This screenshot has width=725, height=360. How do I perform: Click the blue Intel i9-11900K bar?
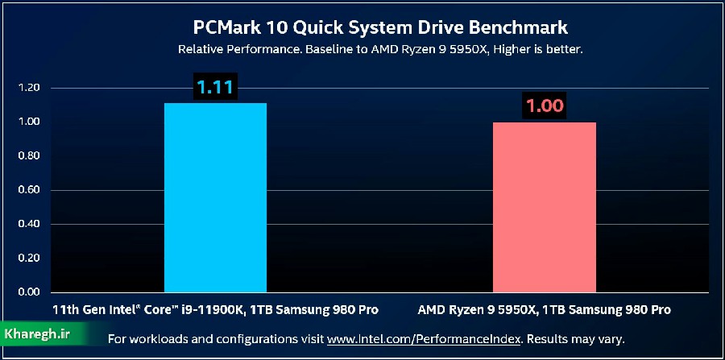[x=215, y=197]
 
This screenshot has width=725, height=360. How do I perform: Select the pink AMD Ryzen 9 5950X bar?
[x=544, y=207]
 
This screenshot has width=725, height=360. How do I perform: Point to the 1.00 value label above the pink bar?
[x=545, y=106]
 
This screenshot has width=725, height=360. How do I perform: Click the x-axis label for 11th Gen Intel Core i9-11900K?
[x=214, y=309]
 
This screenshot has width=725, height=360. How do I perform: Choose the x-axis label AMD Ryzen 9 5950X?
[x=544, y=309]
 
